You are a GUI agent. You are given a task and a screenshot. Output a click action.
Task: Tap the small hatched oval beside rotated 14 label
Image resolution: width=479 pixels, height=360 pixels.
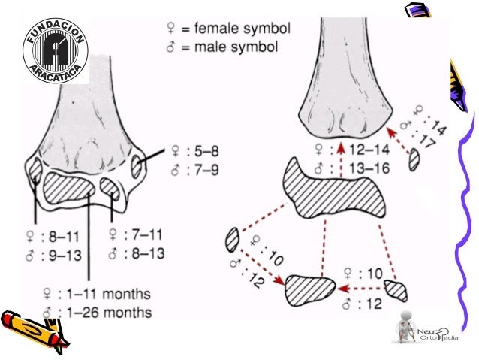pos(414,159)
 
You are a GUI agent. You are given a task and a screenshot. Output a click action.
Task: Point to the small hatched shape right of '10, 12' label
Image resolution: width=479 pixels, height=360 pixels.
pos(394,289)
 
